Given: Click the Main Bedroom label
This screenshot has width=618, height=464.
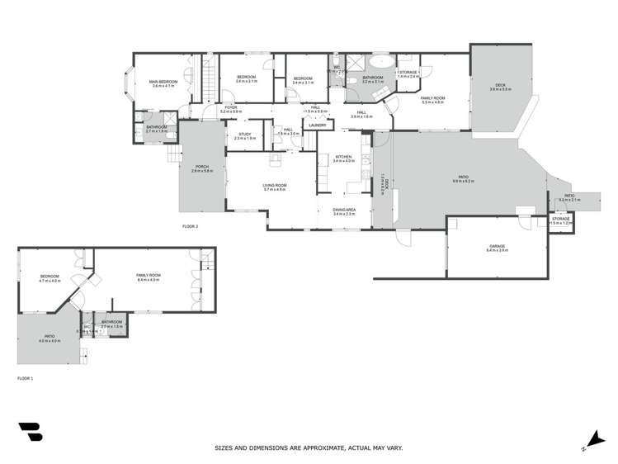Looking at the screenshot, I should point(163,82).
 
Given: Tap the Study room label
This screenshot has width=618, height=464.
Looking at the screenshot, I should point(245,134).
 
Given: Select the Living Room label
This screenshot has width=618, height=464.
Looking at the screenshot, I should point(274,185).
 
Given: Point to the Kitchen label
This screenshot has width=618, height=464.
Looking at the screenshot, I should point(343,157).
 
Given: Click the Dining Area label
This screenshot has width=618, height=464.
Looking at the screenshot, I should point(344,211).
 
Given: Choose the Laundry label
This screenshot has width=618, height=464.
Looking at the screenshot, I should point(317,125).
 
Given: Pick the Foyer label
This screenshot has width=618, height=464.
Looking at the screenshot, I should point(232,107).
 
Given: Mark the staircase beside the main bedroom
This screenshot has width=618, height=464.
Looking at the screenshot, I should point(210,76).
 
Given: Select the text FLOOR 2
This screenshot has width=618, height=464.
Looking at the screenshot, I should point(191,225).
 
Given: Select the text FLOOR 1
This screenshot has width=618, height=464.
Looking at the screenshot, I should point(26,377).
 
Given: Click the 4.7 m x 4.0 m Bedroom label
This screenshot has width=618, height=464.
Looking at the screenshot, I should point(50,276).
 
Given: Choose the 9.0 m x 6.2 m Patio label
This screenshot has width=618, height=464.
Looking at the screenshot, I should point(463,176).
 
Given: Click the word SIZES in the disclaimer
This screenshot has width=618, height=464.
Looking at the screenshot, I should point(224,448).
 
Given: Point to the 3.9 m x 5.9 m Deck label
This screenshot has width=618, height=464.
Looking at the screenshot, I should point(500,86).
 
